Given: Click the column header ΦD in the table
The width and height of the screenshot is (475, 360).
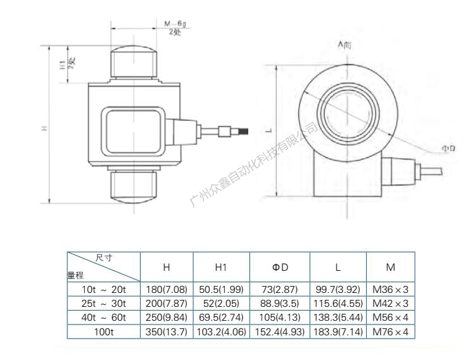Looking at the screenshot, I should [280, 267].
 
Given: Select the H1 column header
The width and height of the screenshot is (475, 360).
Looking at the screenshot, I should [221, 267].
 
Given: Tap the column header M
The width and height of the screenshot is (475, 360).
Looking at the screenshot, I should [390, 267].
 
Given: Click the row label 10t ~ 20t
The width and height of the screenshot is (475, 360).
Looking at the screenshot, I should [103, 289].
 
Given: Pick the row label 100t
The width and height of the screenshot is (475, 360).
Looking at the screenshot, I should [103, 332].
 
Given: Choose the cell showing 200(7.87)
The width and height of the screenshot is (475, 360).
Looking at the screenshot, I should [167, 303].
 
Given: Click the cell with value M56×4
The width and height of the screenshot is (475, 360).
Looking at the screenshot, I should [390, 318].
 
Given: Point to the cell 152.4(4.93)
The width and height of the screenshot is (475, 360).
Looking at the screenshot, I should [280, 332].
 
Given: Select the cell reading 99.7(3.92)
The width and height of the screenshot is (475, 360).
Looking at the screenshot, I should [338, 289].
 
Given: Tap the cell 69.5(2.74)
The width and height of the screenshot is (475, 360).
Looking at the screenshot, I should [221, 318].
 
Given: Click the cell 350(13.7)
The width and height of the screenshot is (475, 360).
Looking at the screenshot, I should [167, 332].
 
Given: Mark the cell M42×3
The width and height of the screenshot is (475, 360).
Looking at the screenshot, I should [390, 303].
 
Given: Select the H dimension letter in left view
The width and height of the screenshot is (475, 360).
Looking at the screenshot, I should [44, 128].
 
